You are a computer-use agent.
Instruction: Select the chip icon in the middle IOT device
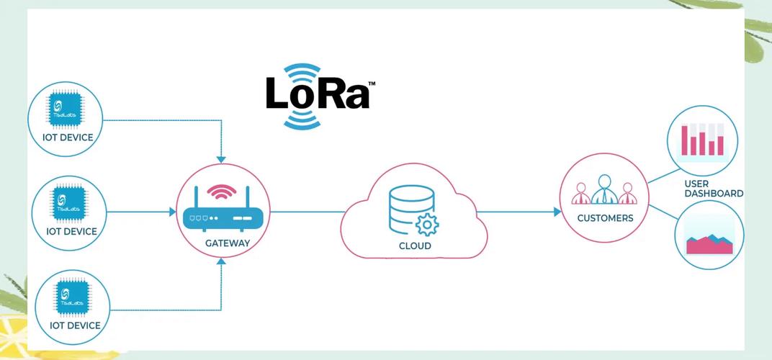pyautogui.click(x=70, y=204)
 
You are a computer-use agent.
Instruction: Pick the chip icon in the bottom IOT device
pyautogui.click(x=71, y=297)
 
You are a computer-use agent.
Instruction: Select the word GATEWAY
pyautogui.click(x=228, y=243)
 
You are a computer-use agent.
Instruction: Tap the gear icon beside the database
pyautogui.click(x=428, y=225)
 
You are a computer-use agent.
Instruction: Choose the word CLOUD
pyautogui.click(x=415, y=246)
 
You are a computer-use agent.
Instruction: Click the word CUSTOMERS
pyautogui.click(x=605, y=217)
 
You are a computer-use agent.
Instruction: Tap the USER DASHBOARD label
pyautogui.click(x=713, y=189)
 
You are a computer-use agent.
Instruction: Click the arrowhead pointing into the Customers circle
pyautogui.click(x=557, y=212)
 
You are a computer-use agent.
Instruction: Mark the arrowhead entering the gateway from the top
pyautogui.click(x=221, y=158)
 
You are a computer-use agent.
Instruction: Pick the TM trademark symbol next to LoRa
pyautogui.click(x=372, y=84)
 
